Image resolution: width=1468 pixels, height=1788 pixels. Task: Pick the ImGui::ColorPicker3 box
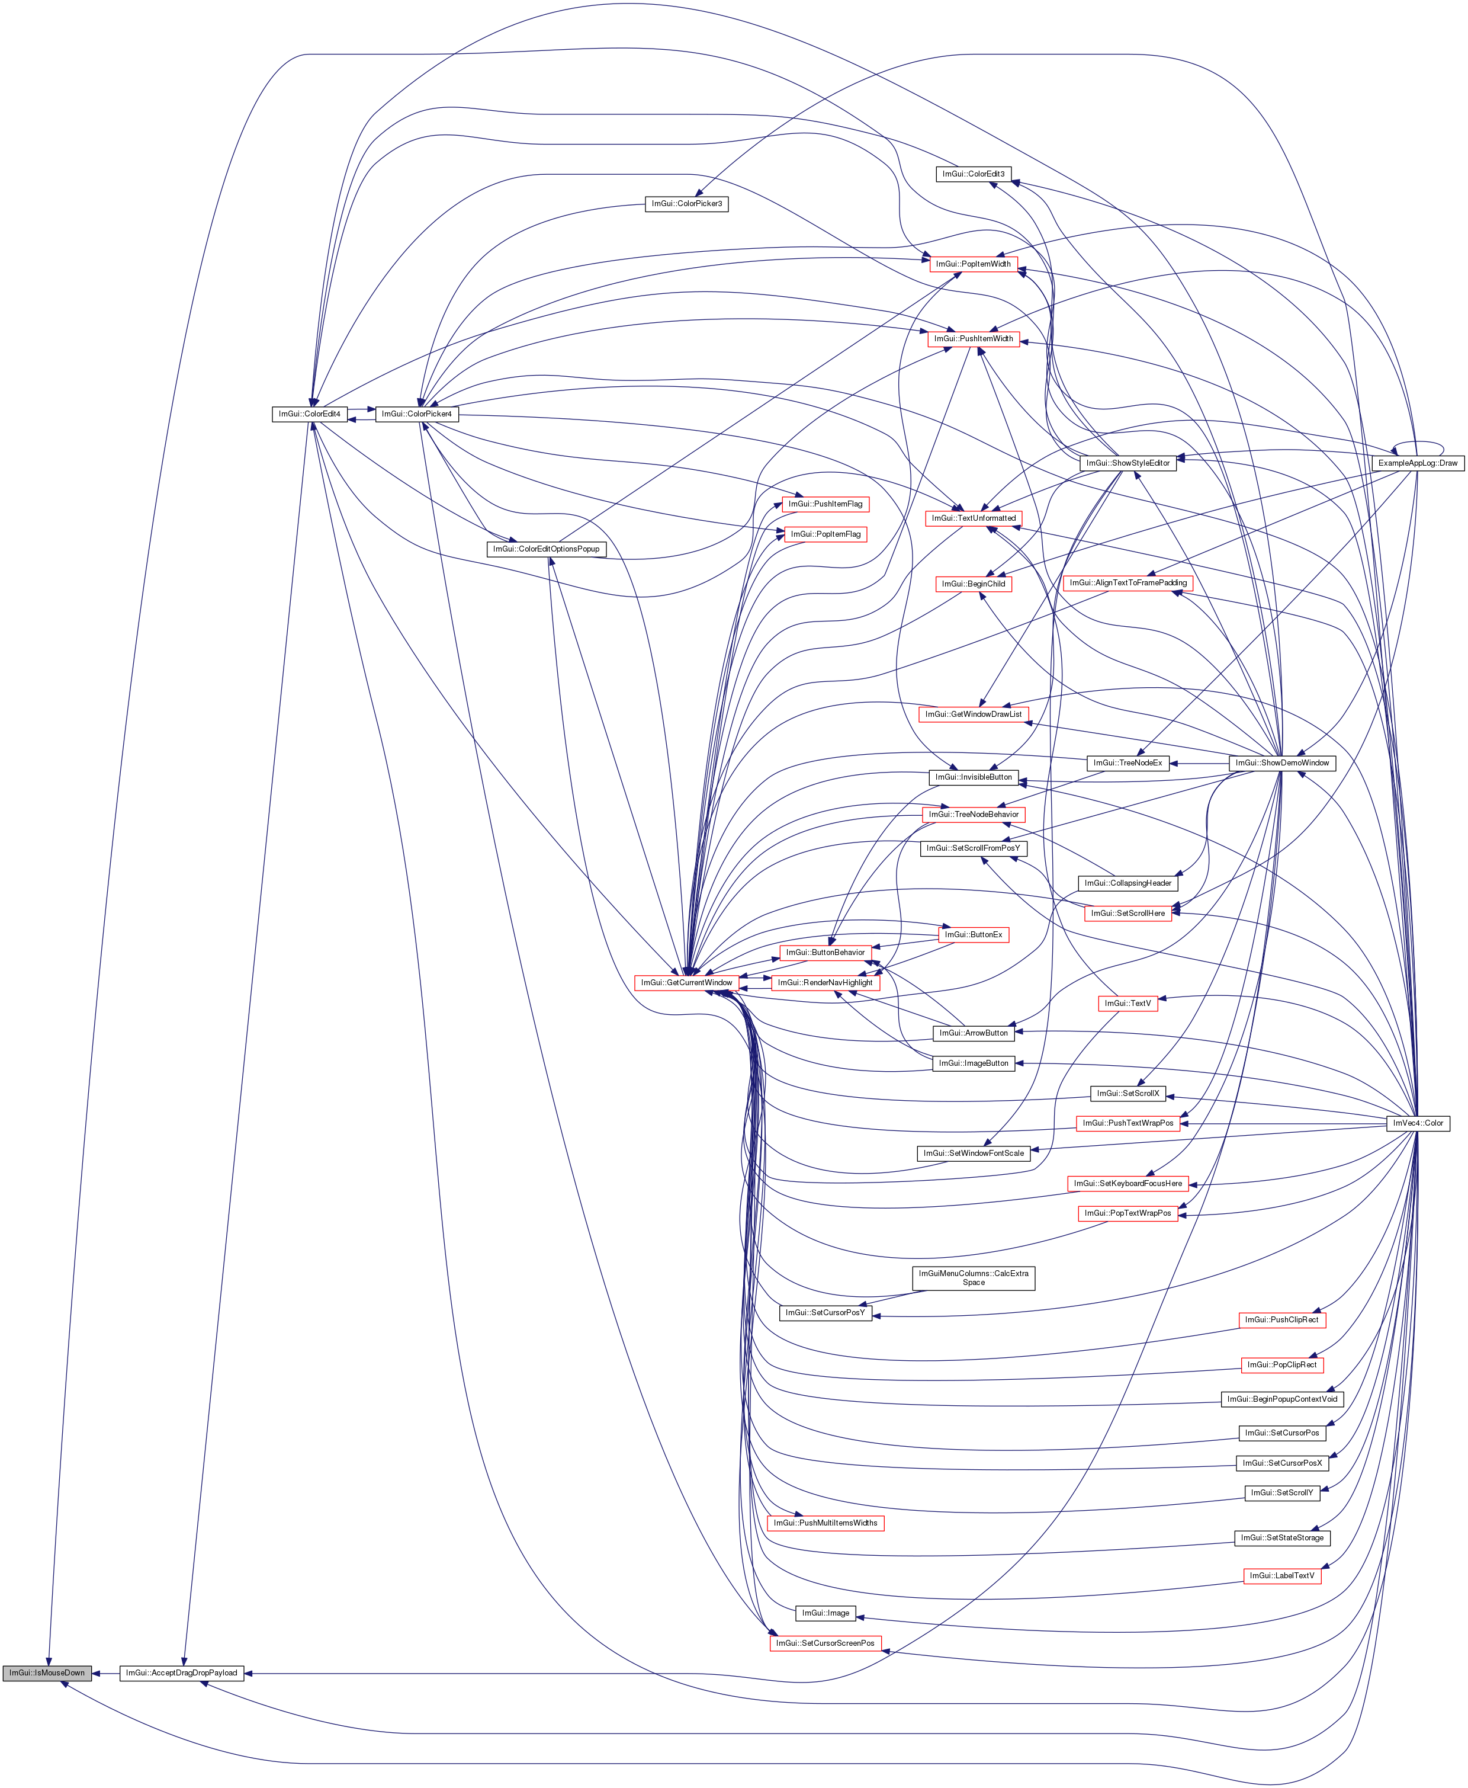[687, 204]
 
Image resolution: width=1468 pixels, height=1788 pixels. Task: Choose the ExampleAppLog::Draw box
[1417, 463]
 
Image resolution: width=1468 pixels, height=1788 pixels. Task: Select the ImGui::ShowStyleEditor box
[1128, 463]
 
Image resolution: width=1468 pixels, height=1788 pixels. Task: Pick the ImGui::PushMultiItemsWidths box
[825, 1523]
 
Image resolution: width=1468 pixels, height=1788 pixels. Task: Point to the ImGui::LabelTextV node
[1282, 1576]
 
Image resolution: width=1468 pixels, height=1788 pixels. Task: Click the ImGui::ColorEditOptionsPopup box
[547, 549]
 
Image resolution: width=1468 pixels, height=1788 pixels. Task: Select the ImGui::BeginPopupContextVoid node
[1282, 1399]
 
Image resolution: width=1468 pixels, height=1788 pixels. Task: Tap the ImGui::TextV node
[1127, 1003]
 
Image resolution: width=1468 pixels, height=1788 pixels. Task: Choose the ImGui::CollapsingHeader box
[1127, 883]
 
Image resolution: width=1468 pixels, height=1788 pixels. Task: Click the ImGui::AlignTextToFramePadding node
[1128, 583]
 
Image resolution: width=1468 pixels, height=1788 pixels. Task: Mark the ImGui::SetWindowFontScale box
[974, 1153]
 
